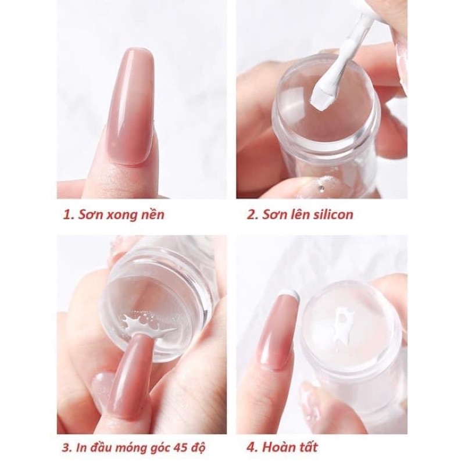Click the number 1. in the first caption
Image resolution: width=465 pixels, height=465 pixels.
69,214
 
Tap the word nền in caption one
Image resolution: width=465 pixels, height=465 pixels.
152,214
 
